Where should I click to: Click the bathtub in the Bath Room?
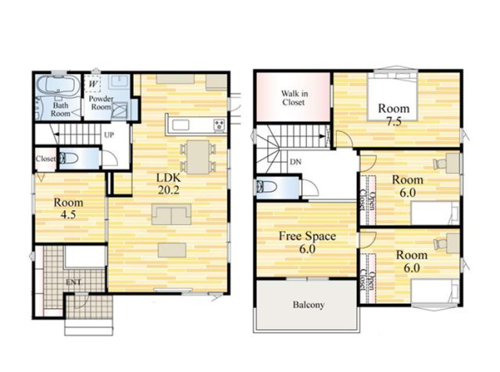tap(58, 85)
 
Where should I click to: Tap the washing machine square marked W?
tap(93, 84)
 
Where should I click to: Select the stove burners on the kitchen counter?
tap(220, 125)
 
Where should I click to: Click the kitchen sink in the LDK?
tap(180, 125)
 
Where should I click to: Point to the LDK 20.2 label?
tap(169, 183)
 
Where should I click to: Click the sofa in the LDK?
tap(172, 214)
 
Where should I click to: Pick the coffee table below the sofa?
tap(172, 250)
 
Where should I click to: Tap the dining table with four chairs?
tap(198, 158)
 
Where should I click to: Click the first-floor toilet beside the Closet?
tap(69, 158)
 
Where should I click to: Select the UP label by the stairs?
tap(109, 135)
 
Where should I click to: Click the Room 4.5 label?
tap(68, 208)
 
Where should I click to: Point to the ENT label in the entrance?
tap(73, 282)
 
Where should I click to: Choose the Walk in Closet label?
tap(294, 97)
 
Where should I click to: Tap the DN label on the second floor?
tap(295, 162)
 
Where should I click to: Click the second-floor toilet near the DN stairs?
tap(266, 187)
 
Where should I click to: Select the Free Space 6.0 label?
tap(307, 243)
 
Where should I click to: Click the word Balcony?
tap(309, 305)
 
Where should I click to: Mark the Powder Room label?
tap(101, 103)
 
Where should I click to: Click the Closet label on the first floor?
tap(45, 158)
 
